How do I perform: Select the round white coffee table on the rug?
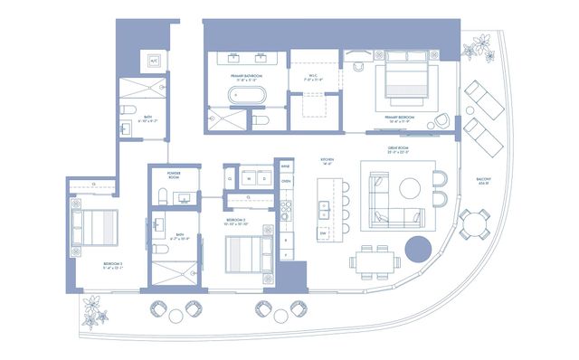(x=410, y=188)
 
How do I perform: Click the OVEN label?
(x=286, y=182)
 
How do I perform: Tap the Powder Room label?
(x=177, y=176)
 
